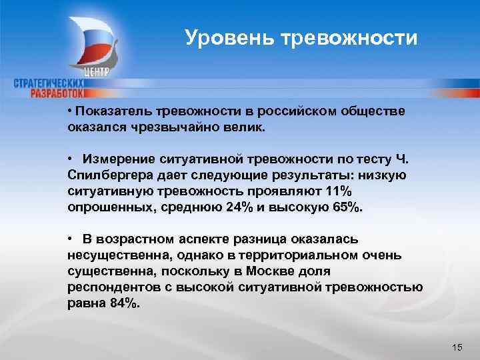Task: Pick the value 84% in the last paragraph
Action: tap(123, 303)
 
